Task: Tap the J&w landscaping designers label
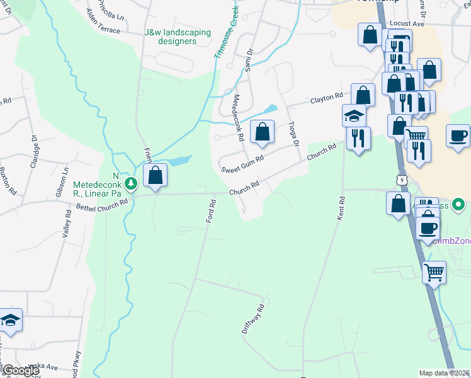pyautogui.click(x=170, y=37)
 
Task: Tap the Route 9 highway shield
pyautogui.click(x=401, y=180)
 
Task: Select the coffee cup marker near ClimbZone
pyautogui.click(x=428, y=229)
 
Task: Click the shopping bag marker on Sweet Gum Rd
pyautogui.click(x=262, y=132)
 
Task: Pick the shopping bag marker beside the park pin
pyautogui.click(x=156, y=176)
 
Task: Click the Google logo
pyautogui.click(x=21, y=371)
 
